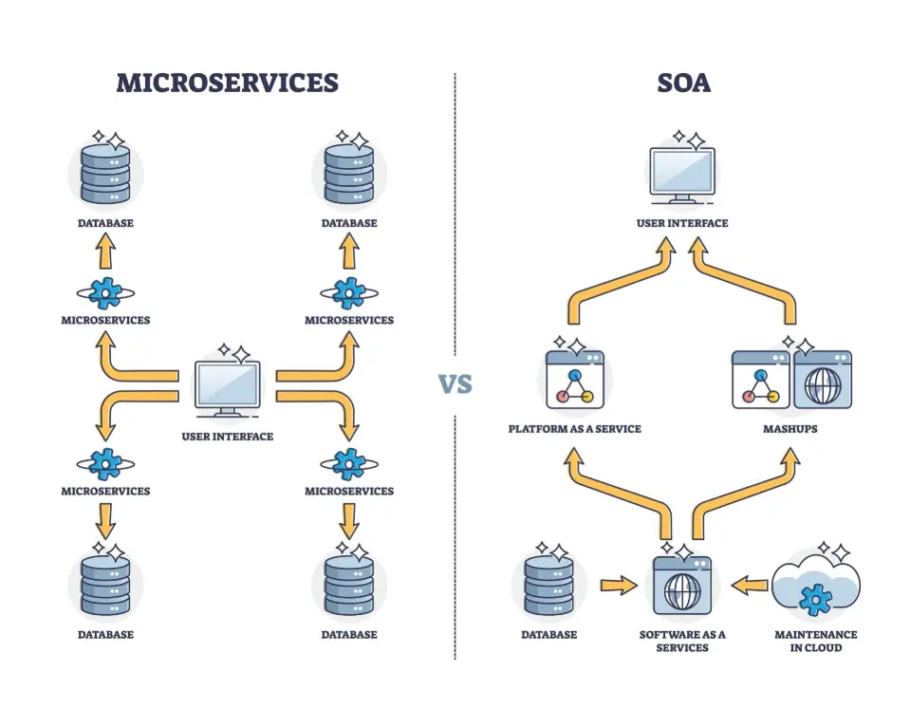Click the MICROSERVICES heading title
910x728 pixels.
pyautogui.click(x=227, y=83)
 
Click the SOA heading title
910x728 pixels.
pyautogui.click(x=683, y=83)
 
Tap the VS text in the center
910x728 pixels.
pyautogui.click(x=455, y=384)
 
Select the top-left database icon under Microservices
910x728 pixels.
pyautogui.click(x=105, y=174)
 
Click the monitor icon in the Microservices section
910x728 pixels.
pyautogui.click(x=228, y=389)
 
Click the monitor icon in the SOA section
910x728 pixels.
pyautogui.click(x=682, y=176)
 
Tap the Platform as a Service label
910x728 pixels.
pyautogui.click(x=574, y=429)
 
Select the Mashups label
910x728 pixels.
pyautogui.click(x=791, y=429)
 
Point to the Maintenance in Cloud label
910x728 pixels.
pyautogui.click(x=814, y=641)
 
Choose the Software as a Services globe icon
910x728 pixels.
pyautogui.click(x=681, y=586)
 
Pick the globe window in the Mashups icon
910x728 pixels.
pyautogui.click(x=822, y=380)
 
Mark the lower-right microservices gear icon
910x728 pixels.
pyautogui.click(x=349, y=464)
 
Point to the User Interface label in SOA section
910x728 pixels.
pyautogui.click(x=682, y=223)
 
